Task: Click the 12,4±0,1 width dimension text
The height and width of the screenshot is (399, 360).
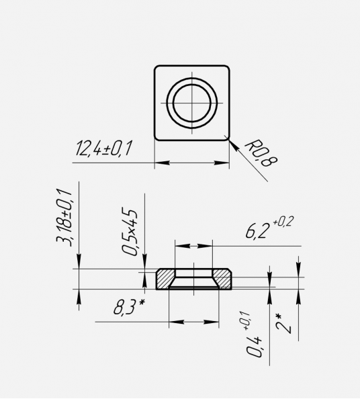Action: pos(104,148)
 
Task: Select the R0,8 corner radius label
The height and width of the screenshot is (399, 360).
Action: pos(261,153)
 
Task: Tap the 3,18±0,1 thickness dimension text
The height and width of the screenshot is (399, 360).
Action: pos(64,218)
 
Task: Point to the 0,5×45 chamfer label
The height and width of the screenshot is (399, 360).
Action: pos(130,232)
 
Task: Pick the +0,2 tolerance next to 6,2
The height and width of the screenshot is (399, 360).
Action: pos(283,222)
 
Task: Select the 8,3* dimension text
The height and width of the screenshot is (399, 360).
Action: pos(129,306)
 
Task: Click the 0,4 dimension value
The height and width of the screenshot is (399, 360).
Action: pos(254,347)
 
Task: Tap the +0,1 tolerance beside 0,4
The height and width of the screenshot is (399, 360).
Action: pos(247,321)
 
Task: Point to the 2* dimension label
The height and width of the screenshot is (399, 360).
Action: pos(283,323)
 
